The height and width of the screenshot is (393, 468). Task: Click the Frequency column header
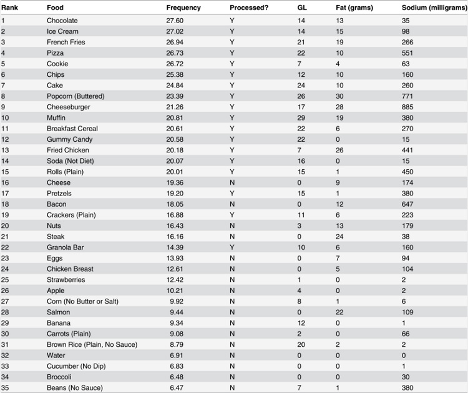click(x=183, y=7)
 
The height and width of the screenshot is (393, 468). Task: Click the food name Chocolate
click(x=62, y=21)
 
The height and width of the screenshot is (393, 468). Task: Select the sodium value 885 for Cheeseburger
click(x=407, y=107)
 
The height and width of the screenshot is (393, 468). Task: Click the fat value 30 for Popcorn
click(x=339, y=96)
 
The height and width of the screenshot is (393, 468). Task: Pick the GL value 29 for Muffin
click(x=301, y=118)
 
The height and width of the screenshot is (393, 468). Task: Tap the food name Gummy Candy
click(x=69, y=139)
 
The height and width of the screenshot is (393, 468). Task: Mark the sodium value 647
click(x=407, y=204)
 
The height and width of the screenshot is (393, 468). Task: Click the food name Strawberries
click(x=66, y=280)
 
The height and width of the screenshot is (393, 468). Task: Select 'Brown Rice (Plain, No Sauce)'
click(x=92, y=345)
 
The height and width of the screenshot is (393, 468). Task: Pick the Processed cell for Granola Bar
click(x=232, y=247)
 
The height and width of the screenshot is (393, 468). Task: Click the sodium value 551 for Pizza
click(x=407, y=53)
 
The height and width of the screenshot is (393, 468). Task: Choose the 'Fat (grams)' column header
click(x=354, y=7)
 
